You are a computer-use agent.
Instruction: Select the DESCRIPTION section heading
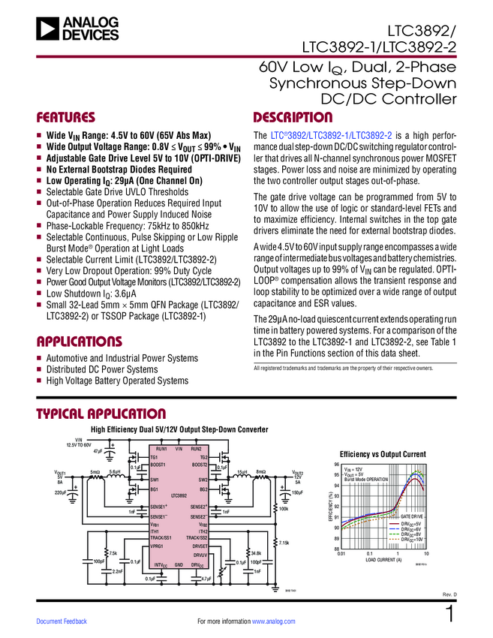[293, 118]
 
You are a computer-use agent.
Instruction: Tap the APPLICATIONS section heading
[80, 342]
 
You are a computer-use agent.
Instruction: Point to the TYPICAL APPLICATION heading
[101, 414]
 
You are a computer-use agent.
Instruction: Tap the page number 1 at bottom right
[450, 615]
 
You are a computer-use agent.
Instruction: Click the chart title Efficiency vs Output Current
[383, 454]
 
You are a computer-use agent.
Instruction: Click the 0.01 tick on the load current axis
[341, 554]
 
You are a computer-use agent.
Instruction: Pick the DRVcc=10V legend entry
[411, 540]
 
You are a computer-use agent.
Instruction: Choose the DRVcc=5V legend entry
[410, 523]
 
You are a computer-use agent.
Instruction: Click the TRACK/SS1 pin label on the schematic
[161, 537]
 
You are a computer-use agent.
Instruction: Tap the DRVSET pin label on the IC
[200, 546]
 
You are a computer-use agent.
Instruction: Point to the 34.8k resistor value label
[256, 553]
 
